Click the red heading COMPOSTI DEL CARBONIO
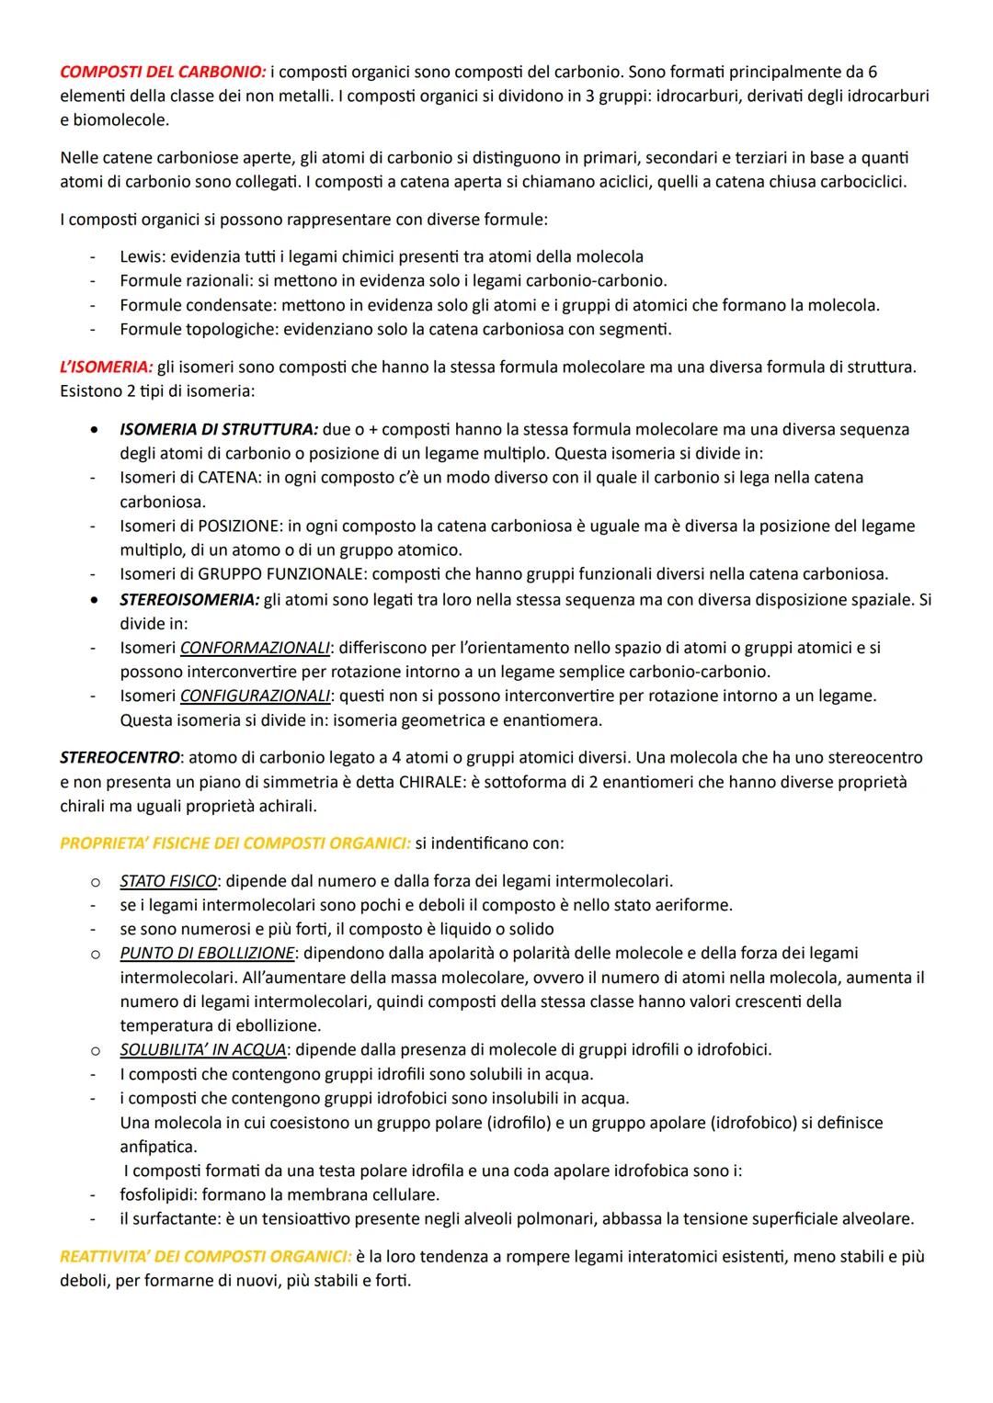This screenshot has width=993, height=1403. pyautogui.click(x=163, y=72)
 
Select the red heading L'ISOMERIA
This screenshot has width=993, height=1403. pyautogui.click(x=107, y=368)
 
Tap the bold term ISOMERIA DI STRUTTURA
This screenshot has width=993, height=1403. pyautogui.click(x=219, y=429)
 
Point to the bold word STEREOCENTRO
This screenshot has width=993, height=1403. pyautogui.click(x=120, y=758)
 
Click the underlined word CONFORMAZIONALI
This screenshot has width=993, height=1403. pyautogui.click(x=255, y=648)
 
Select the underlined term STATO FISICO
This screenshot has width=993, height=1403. pyautogui.click(x=168, y=881)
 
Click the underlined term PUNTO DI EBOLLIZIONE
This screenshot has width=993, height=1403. pyautogui.click(x=208, y=953)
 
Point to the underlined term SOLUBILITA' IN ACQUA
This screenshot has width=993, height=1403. pyautogui.click(x=203, y=1049)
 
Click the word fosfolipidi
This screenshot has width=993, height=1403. pyautogui.click(x=158, y=1194)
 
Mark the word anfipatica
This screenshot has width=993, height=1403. pyautogui.click(x=158, y=1147)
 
